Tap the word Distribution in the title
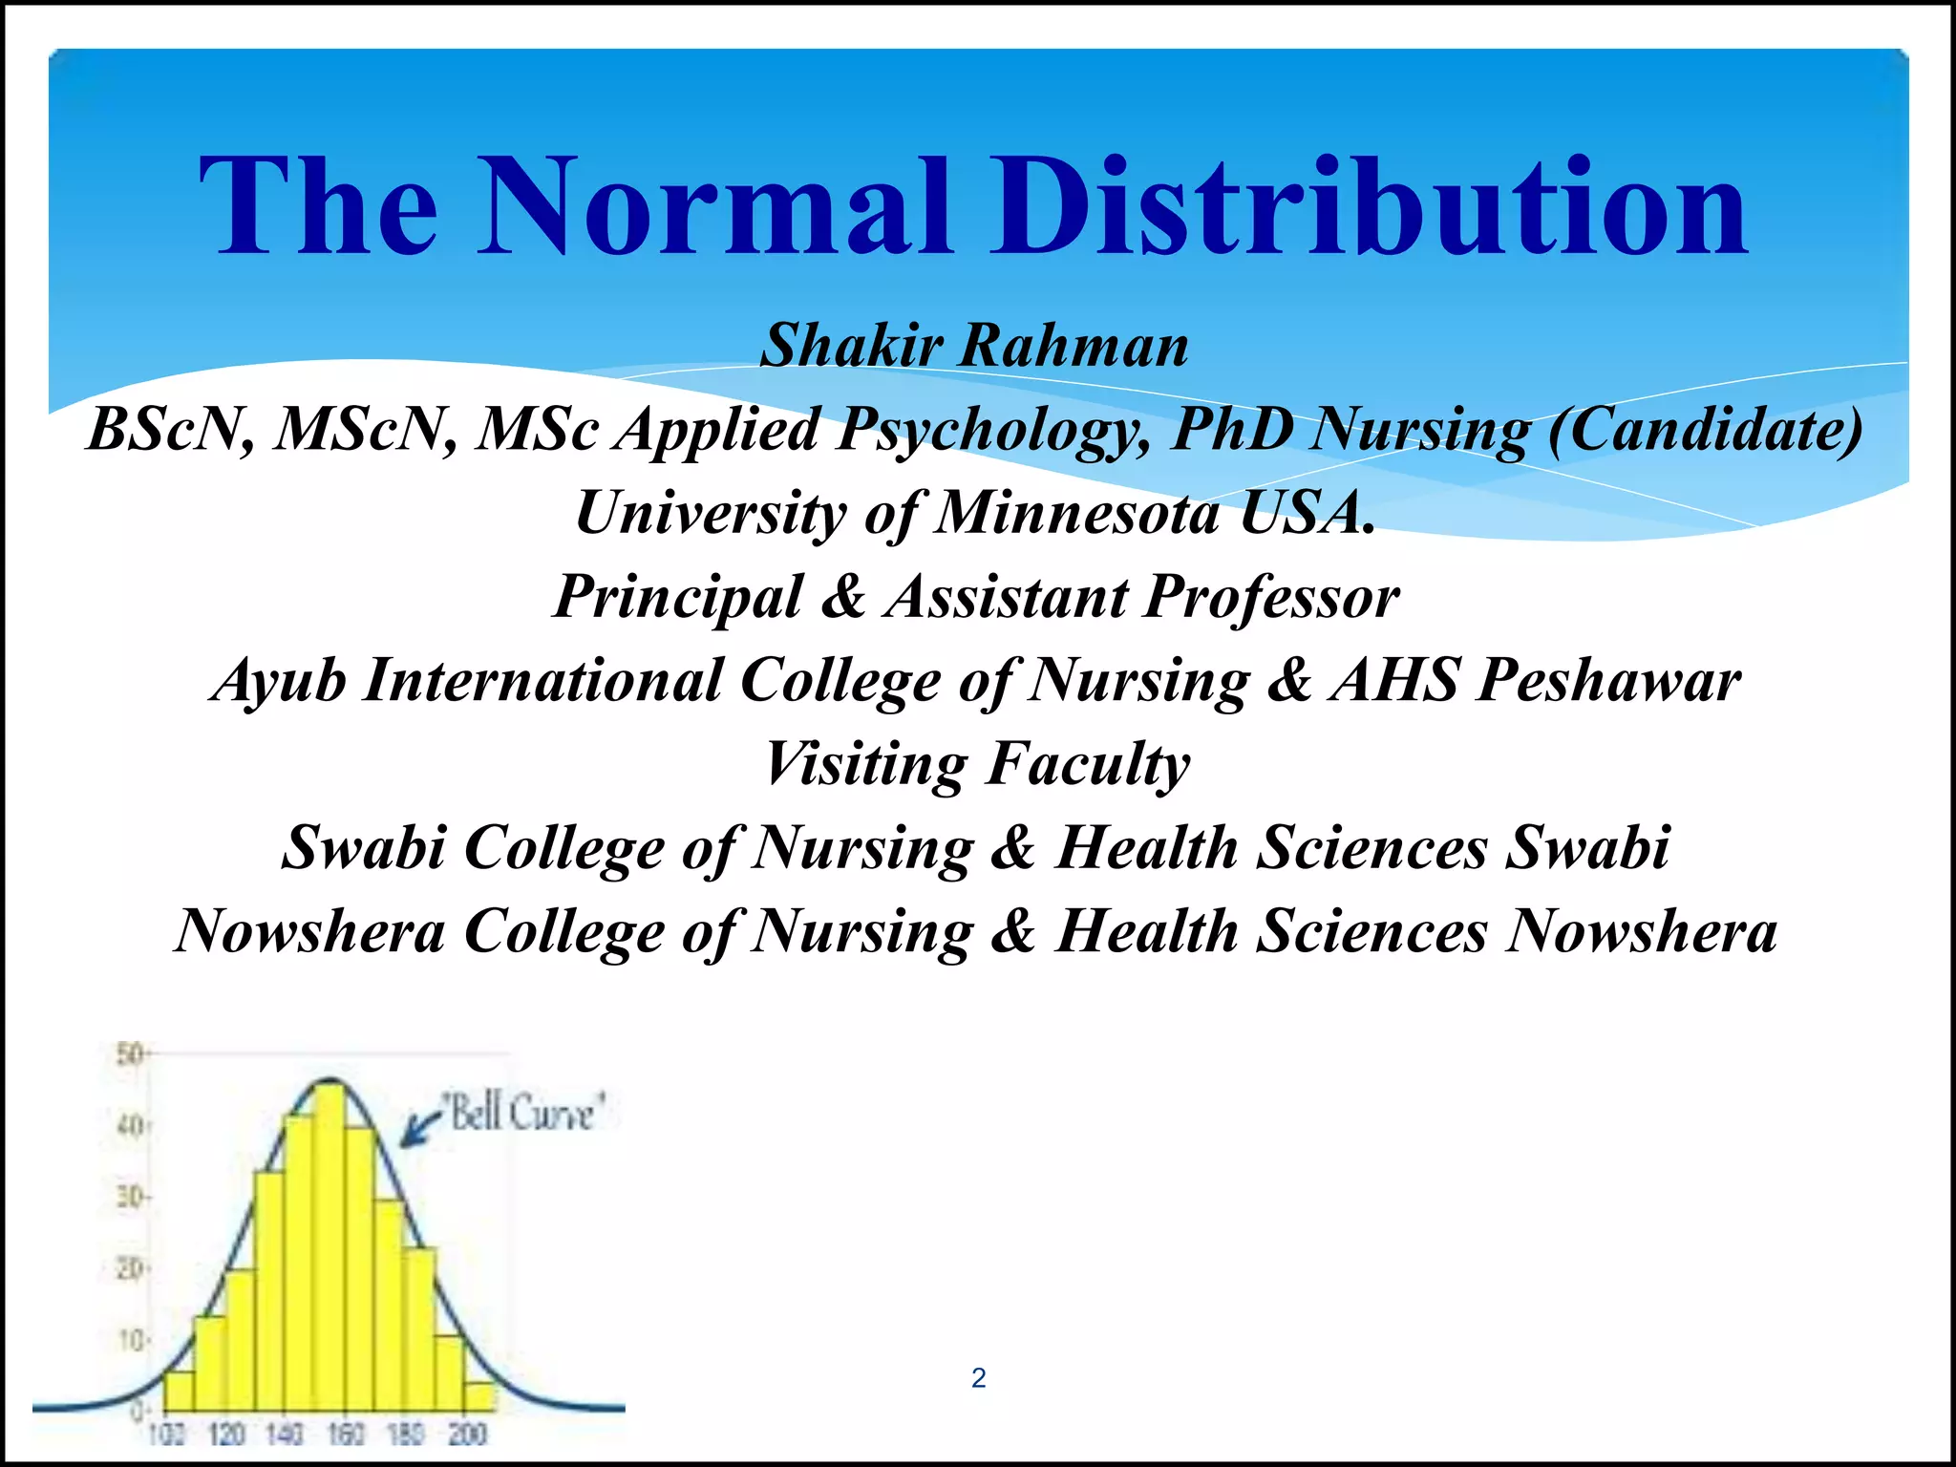pos(1368,207)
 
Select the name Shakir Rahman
pos(974,345)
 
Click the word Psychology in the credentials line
pos(994,429)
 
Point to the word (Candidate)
pos(1705,429)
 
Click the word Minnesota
pos(1077,513)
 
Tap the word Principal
pos(679,597)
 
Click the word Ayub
pos(278,680)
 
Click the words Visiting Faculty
pos(976,764)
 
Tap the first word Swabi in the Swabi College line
pos(363,847)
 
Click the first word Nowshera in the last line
pos(310,931)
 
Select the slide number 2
pos(978,1378)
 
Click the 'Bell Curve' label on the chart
pos(523,1114)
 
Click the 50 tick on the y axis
pos(128,1054)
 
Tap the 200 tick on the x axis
pos(467,1434)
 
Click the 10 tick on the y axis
pos(130,1340)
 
